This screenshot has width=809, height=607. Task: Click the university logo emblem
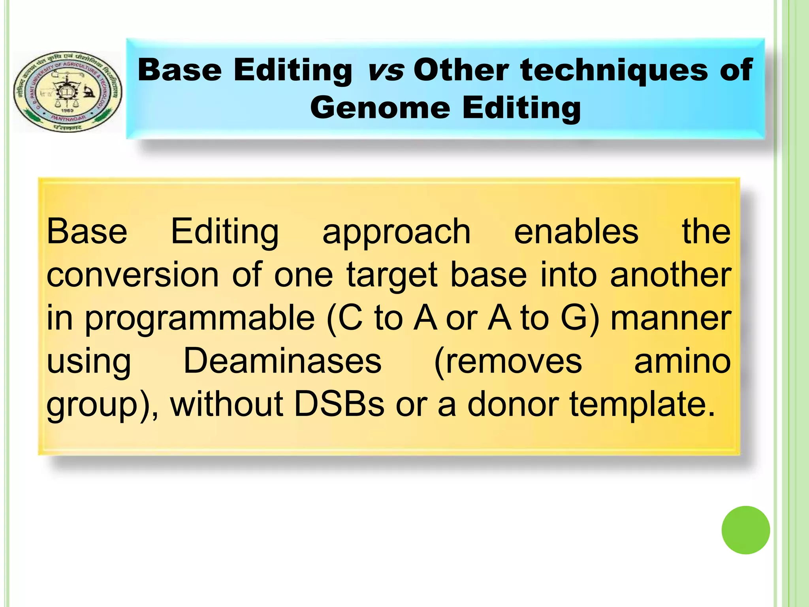(x=68, y=91)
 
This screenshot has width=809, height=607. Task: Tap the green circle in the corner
(x=745, y=530)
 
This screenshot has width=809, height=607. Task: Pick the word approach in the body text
(x=396, y=232)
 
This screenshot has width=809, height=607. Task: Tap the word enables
(x=576, y=232)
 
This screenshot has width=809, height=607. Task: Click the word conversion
(x=133, y=275)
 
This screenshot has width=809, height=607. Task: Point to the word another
(x=670, y=275)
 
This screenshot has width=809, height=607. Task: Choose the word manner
(x=671, y=319)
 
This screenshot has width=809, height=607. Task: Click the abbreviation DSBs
(x=339, y=404)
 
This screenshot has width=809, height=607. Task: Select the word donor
(x=513, y=404)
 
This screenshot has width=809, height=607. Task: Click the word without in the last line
(x=226, y=404)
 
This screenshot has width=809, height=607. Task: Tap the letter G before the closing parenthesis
(x=574, y=319)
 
